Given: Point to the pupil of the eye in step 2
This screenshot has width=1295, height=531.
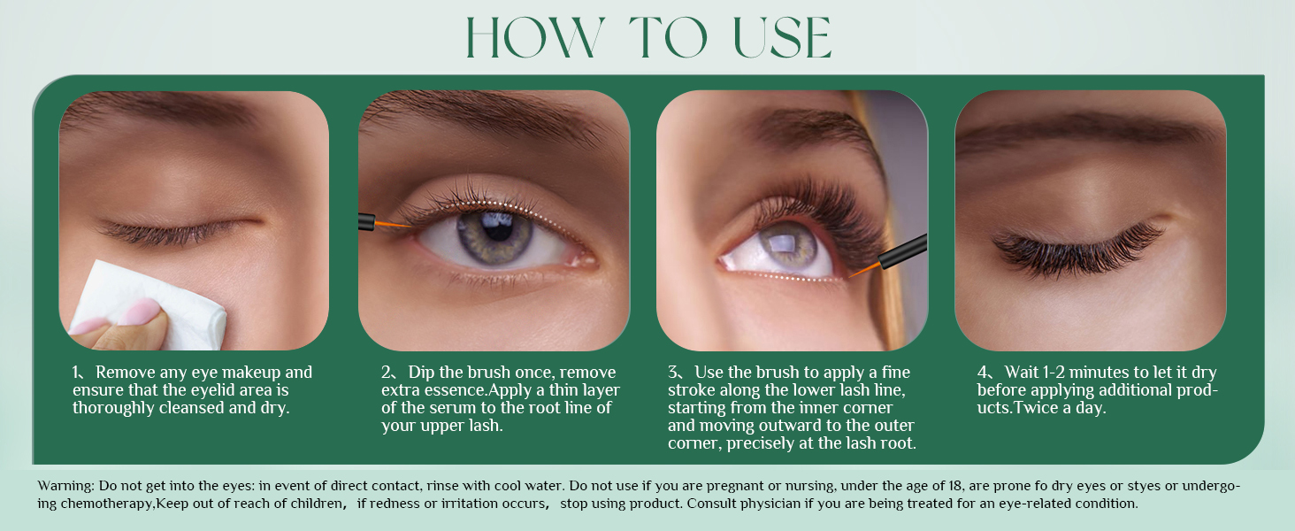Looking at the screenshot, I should tap(498, 227).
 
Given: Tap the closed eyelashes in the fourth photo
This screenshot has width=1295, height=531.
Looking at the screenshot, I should tap(1075, 245).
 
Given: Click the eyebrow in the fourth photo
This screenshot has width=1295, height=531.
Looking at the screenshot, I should tap(1088, 133).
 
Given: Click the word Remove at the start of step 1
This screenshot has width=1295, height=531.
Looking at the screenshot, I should tap(123, 373).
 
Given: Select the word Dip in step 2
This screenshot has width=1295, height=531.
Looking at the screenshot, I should tap(422, 373).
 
